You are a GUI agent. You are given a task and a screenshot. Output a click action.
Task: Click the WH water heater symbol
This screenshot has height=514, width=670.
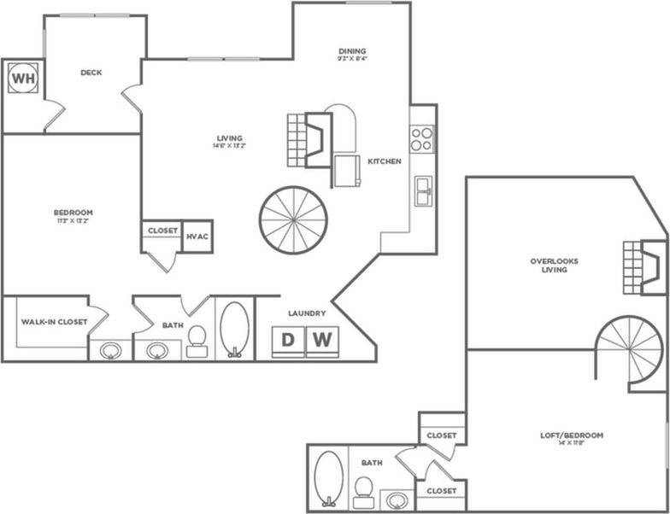click(x=22, y=79)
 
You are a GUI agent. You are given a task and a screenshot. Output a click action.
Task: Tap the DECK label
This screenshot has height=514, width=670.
click(x=91, y=73)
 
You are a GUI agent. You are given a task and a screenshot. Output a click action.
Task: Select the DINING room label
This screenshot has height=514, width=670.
click(x=351, y=51)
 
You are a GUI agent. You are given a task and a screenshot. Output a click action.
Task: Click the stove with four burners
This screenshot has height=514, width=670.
click(x=421, y=138)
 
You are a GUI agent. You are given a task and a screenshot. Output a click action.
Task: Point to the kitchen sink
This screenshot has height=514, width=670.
click(x=423, y=190)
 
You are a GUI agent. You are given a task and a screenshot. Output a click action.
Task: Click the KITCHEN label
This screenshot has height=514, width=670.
click(x=384, y=161)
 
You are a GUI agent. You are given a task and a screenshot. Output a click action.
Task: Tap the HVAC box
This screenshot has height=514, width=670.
click(x=197, y=237)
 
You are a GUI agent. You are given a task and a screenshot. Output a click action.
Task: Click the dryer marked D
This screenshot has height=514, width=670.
click(x=288, y=340)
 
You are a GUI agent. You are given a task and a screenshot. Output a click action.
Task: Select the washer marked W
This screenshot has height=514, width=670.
click(x=321, y=340)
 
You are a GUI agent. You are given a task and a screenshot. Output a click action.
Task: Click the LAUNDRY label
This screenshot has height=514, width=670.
click(x=307, y=313)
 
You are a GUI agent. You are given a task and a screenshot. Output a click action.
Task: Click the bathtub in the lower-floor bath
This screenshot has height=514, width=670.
click(x=234, y=329)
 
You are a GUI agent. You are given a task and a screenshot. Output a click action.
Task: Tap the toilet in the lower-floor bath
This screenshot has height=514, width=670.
click(x=197, y=341)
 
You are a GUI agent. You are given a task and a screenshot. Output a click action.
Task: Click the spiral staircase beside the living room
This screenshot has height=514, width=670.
click(x=293, y=219)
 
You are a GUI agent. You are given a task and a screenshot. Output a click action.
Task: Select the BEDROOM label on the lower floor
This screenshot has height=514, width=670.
click(x=73, y=212)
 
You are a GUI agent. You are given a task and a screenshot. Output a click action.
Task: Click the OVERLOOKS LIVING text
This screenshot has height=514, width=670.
click(x=555, y=266)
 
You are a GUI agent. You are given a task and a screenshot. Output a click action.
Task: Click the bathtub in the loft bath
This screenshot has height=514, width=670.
click(x=329, y=478)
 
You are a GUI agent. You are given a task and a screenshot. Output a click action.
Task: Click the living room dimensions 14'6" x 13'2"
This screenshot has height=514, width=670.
click(x=229, y=146)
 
